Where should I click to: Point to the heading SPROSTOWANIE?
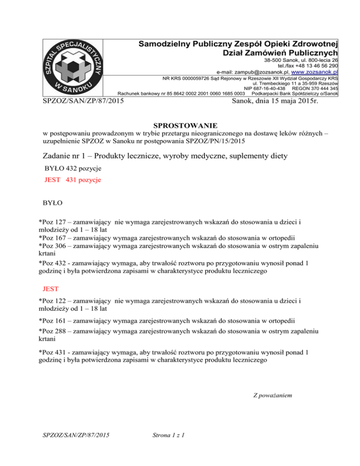point(185,126)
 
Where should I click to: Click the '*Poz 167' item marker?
point(54,237)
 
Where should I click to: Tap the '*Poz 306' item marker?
point(54,246)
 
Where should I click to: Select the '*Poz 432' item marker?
point(54,263)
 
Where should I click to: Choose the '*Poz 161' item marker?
point(54,321)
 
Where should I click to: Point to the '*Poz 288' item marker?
point(54,331)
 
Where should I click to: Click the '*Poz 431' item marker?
point(54,352)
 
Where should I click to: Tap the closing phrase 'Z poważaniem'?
point(273,395)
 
